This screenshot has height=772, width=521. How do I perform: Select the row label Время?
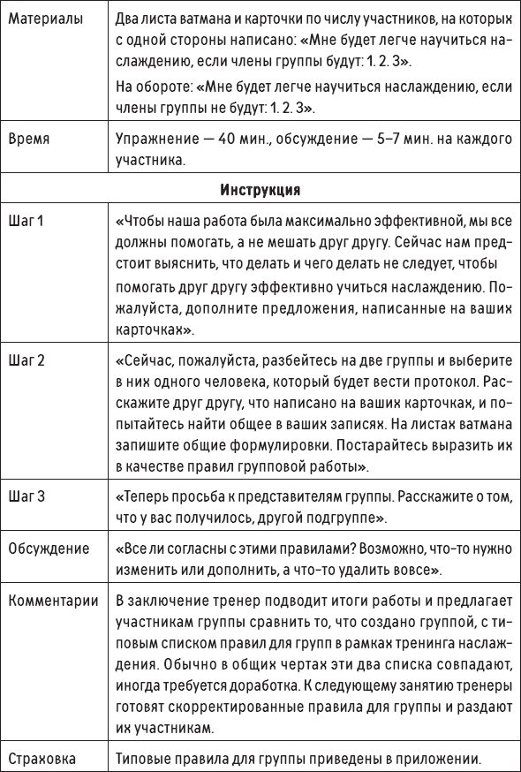point(27,140)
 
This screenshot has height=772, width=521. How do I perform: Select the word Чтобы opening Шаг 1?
point(144,219)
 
